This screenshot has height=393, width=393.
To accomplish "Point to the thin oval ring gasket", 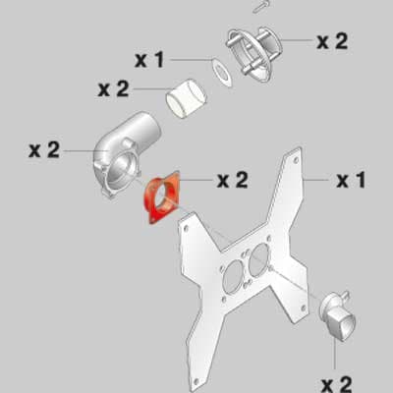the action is tap(222, 74).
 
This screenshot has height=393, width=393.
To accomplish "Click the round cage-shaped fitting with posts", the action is tap(253, 54).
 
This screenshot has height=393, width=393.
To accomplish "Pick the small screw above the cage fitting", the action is tap(260, 7).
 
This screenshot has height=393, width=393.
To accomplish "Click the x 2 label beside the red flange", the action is tap(233, 180).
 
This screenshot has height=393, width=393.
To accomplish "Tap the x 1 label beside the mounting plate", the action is tap(351, 180).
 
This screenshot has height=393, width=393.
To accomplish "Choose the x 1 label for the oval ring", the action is tap(149, 60).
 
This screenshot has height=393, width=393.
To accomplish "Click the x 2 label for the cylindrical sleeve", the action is tap(114, 88).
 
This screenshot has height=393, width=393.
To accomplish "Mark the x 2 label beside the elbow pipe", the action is tap(44, 150).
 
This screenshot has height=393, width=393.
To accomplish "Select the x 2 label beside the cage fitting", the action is tap(332, 41).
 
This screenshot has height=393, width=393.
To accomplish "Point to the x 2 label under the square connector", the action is tap(337, 384).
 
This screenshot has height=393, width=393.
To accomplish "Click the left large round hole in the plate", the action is tap(233, 277).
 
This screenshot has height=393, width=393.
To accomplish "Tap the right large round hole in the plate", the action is tap(258, 259).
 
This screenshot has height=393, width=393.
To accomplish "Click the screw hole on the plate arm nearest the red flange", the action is tap(186, 228).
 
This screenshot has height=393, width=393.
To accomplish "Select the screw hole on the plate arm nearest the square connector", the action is tap(304, 308).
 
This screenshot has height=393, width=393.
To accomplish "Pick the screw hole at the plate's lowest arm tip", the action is tap(196, 382).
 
